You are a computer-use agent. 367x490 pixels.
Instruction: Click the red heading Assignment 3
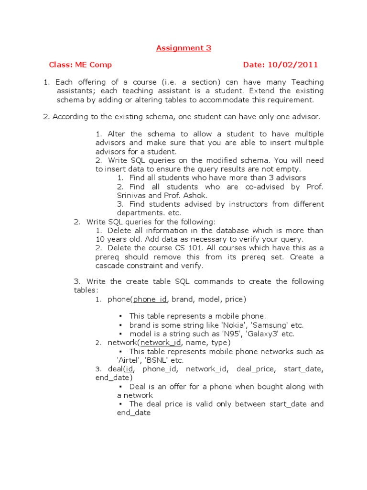click(183, 48)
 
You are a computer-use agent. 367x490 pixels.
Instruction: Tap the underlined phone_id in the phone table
click(150, 299)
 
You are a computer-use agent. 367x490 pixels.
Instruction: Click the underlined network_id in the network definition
click(161, 343)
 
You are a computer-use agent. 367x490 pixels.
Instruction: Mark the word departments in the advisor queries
click(139, 212)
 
